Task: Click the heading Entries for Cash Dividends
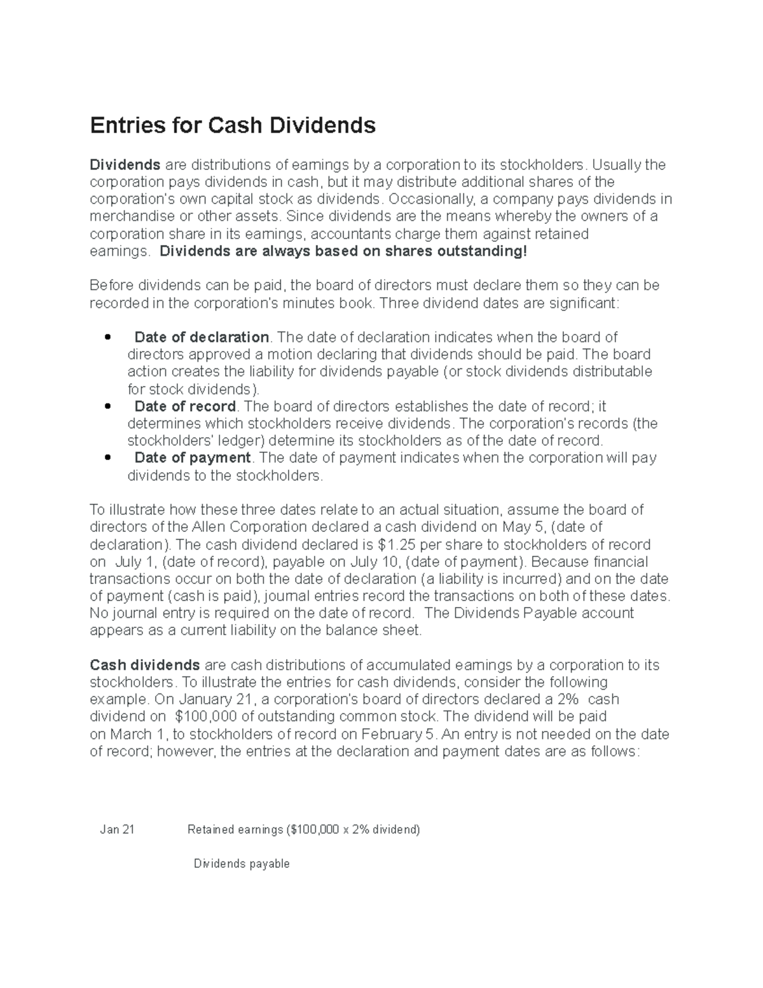click(233, 125)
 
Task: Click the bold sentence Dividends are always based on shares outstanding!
click(343, 251)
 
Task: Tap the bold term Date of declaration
click(202, 337)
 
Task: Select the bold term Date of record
click(185, 407)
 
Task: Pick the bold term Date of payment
click(193, 458)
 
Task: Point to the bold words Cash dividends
click(145, 665)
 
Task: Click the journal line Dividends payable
click(242, 864)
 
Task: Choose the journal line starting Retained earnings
click(304, 830)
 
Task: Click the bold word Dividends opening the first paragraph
click(125, 165)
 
